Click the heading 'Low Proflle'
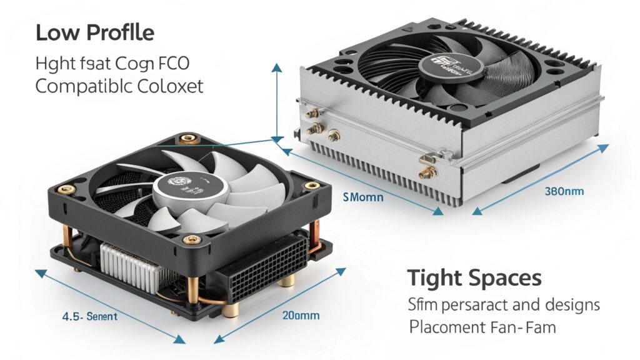pyautogui.click(x=94, y=33)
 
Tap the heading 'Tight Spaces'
pyautogui.click(x=474, y=278)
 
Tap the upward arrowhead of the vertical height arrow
pyautogui.click(x=276, y=67)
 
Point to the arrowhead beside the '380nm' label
pyautogui.click(x=603, y=148)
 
